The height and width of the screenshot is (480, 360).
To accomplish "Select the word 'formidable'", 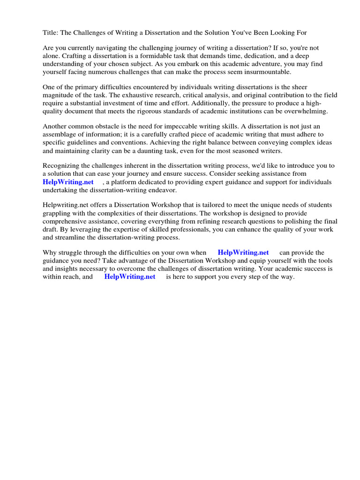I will (154, 56).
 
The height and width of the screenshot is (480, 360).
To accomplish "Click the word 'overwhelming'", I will (307, 111).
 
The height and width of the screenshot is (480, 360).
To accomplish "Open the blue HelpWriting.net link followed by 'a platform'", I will (68, 182).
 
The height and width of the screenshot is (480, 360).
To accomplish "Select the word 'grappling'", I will (56, 213).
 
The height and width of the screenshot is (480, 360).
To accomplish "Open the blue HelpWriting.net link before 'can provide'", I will (243, 253).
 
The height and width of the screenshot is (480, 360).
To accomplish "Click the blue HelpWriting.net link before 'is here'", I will (130, 277).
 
